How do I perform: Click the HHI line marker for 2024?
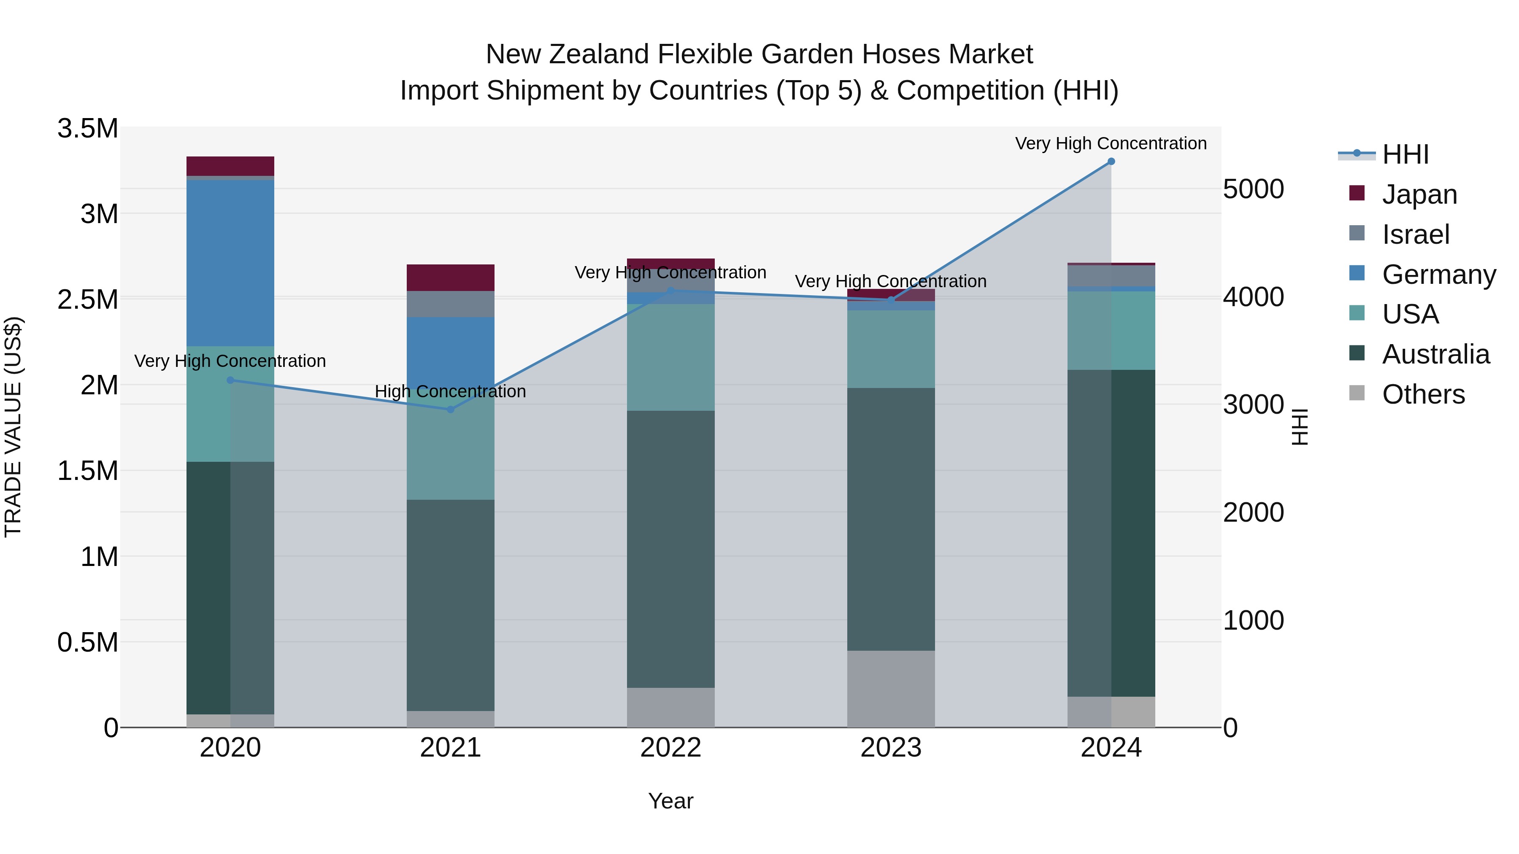[1111, 162]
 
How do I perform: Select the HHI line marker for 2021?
[451, 409]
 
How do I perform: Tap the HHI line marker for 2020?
[230, 380]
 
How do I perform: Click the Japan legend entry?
[1419, 194]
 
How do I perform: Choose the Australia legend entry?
[1435, 354]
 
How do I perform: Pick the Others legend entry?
[1423, 394]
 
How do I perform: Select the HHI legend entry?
[1405, 154]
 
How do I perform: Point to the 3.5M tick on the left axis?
[87, 129]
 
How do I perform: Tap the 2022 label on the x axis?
[670, 748]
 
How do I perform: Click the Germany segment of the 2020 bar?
[230, 262]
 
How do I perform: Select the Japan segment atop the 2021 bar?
[451, 277]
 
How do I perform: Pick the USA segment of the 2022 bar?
[670, 357]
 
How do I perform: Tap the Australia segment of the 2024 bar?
[1111, 533]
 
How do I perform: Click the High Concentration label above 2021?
[451, 391]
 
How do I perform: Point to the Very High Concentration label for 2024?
[1111, 143]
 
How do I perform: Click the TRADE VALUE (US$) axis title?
[13, 427]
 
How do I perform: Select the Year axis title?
[670, 801]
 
